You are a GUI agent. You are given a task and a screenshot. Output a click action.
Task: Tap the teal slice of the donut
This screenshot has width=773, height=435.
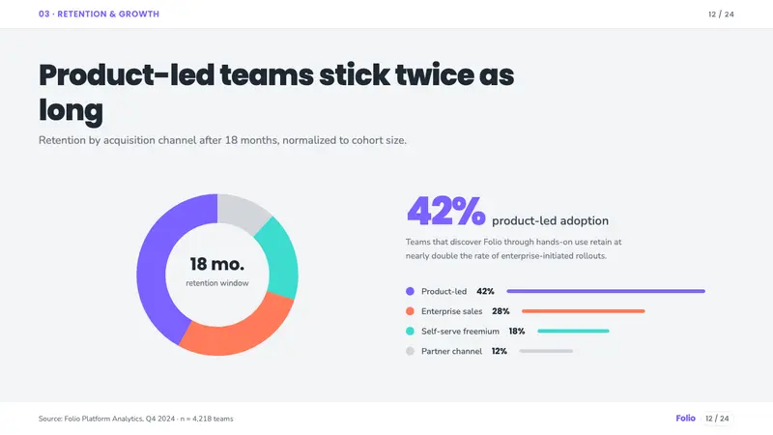coord(279,259)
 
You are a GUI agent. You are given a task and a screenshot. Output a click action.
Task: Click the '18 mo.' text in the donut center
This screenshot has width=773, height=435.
coord(216,264)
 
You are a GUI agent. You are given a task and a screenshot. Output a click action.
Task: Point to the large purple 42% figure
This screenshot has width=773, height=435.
coord(446,211)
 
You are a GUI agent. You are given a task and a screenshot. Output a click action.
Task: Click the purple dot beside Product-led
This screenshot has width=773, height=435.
coord(410,292)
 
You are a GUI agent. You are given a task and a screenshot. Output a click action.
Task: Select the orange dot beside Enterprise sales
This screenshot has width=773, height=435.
coord(410,311)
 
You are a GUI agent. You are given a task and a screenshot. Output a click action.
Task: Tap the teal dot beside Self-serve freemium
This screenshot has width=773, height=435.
coord(410,331)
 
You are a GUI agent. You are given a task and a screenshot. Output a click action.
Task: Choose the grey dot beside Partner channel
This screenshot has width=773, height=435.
coord(410,351)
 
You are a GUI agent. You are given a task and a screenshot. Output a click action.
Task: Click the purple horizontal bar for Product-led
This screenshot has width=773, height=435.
coord(606,292)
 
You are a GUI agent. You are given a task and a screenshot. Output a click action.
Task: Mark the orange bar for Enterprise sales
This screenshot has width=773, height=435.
coord(584,311)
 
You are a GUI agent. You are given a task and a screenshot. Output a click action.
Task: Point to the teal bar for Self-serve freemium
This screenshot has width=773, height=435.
coord(573,331)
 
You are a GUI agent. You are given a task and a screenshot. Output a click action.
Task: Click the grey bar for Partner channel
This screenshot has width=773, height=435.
coord(546,351)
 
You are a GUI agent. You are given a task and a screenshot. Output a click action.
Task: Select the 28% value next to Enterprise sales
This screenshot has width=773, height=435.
coord(501,311)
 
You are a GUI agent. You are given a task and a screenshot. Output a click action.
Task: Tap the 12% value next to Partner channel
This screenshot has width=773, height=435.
coord(499,351)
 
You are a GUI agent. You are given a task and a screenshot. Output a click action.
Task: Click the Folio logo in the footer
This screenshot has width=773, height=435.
coord(685,419)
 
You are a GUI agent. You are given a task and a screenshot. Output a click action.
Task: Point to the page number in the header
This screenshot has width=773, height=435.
coord(721,14)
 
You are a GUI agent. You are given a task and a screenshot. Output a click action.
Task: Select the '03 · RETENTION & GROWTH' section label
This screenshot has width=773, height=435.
coord(100,14)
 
